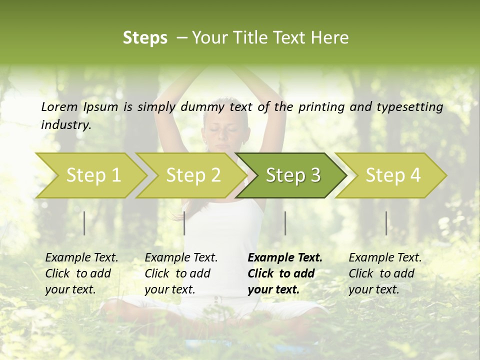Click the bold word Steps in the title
145,38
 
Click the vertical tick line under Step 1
84,223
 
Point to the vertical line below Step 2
184,223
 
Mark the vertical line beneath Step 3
285,223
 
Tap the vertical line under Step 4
386,223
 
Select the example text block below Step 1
81,273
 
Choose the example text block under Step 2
181,273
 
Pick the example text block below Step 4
385,273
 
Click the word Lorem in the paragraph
59,106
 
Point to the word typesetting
413,107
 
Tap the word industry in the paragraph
65,124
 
